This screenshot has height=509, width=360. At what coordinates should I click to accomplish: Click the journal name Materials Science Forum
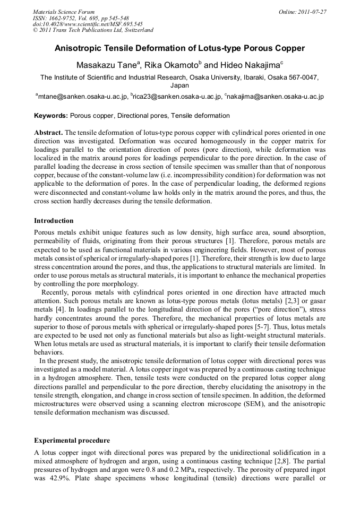point(64,12)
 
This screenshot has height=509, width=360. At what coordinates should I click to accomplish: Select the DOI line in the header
point(88,24)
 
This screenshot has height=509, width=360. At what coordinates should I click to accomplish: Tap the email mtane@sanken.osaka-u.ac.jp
point(82,97)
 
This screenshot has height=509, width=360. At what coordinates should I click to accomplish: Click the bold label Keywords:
point(51,116)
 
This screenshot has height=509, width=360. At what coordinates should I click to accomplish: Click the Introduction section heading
point(54,220)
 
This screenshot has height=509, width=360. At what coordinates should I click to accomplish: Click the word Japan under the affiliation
point(179,85)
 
